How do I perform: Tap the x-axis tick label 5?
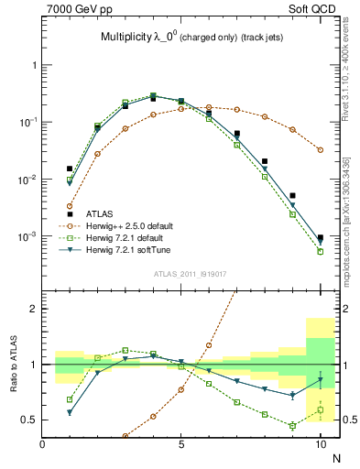pyautogui.click(x=181, y=445)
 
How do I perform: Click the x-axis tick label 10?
pyautogui.click(x=320, y=445)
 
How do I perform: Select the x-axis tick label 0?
pyautogui.click(x=42, y=445)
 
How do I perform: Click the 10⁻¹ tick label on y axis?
pyautogui.click(x=27, y=122)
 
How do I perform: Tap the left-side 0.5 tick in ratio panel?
pyautogui.click(x=30, y=420)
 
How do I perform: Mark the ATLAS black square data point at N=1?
pyautogui.click(x=70, y=169)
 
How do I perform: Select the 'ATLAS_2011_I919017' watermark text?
pyautogui.click(x=184, y=273)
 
